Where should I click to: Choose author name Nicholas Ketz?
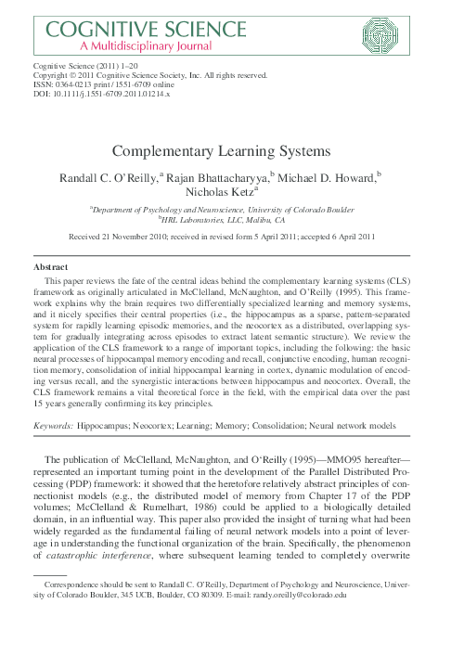point(224,193)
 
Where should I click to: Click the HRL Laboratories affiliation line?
point(225,221)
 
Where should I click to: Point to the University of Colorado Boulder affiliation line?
point(225,210)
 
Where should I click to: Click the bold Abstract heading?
point(50,266)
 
